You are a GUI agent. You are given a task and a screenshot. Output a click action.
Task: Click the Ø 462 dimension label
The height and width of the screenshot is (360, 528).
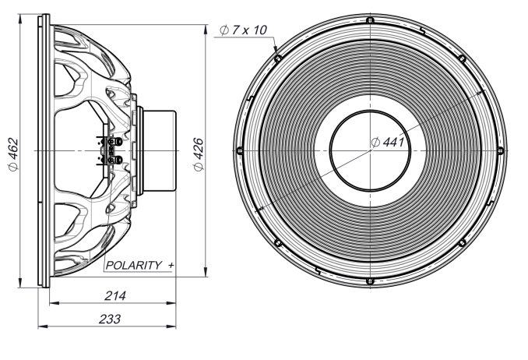pos(14,154)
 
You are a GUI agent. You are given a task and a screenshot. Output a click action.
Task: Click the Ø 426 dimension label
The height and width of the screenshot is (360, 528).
pos(199,154)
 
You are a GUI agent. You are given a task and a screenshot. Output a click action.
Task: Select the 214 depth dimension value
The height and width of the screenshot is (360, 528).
pos(115,296)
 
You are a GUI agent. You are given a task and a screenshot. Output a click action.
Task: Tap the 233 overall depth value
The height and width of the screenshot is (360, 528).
pos(110,319)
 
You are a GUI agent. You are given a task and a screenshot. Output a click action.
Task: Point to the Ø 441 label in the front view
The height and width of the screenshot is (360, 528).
pos(388,143)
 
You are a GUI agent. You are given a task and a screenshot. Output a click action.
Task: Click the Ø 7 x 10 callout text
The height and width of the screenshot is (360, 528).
pos(243,30)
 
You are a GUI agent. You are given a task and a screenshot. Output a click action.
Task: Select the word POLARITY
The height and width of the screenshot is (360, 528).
pos(134,265)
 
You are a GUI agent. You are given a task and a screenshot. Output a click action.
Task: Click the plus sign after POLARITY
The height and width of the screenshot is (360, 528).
pos(171,266)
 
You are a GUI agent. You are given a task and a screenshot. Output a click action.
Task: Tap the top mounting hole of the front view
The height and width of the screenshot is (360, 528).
pos(370,20)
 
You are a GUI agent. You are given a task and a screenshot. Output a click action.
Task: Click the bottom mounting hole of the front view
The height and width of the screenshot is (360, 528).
pos(370,281)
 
